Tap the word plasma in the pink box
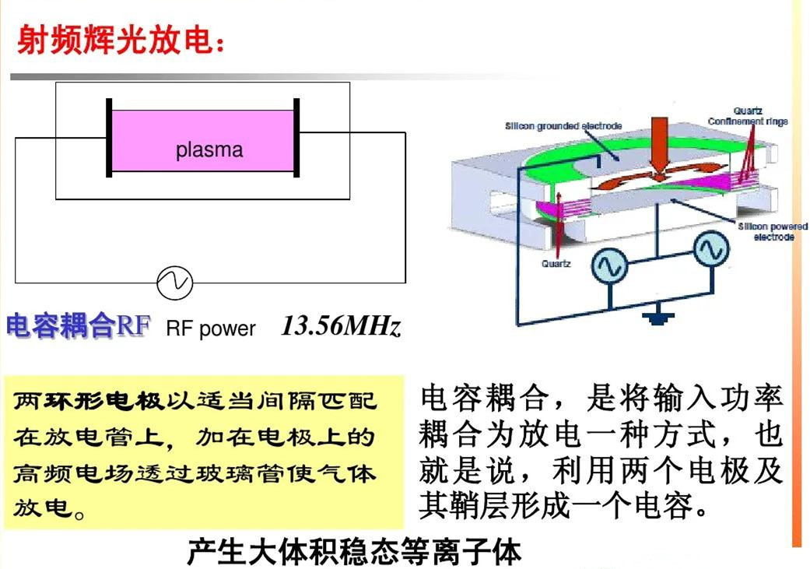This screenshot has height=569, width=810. pyautogui.click(x=209, y=149)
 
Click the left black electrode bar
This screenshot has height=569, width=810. pyautogui.click(x=110, y=138)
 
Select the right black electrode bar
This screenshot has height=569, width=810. pyautogui.click(x=296, y=138)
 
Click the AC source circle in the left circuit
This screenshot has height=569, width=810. pyautogui.click(x=174, y=283)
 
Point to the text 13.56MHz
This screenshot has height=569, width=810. pyautogui.click(x=342, y=325)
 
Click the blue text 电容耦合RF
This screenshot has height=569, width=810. pyautogui.click(x=78, y=325)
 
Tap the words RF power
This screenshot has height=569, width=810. pyautogui.click(x=211, y=328)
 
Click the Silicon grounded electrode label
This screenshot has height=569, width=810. pyautogui.click(x=563, y=125)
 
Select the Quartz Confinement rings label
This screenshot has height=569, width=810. pyautogui.click(x=748, y=117)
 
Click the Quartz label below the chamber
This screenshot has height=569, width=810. pyautogui.click(x=556, y=264)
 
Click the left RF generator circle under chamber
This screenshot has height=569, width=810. pyautogui.click(x=609, y=267)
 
